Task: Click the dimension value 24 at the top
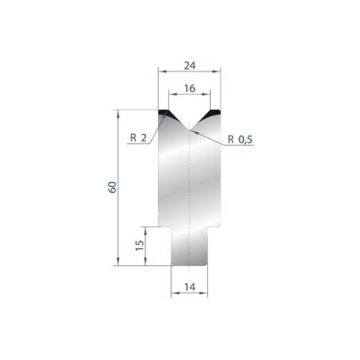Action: click(x=189, y=65)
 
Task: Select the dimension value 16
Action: click(x=189, y=88)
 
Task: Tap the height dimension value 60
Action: click(x=113, y=187)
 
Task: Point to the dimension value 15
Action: click(x=139, y=246)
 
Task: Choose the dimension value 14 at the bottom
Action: click(x=189, y=287)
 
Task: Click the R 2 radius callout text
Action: click(x=138, y=138)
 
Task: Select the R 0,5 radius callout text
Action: click(x=240, y=139)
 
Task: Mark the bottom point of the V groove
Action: click(x=189, y=130)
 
